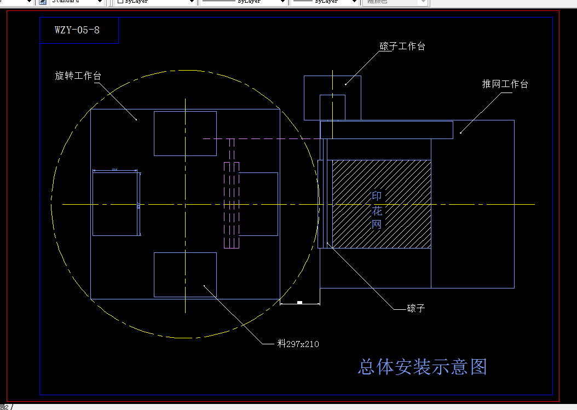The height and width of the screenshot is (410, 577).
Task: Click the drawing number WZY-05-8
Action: coord(77,30)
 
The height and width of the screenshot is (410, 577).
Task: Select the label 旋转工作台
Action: coord(78,76)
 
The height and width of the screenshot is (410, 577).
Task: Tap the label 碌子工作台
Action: coord(402,47)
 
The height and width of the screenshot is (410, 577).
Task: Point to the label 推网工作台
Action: coord(505,84)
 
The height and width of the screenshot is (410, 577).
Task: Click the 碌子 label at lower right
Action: coord(416,308)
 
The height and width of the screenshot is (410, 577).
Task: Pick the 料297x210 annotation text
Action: coord(298,344)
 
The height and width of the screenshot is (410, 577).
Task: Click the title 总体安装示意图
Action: coord(422,367)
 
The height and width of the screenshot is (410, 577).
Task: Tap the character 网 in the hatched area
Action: coord(377,224)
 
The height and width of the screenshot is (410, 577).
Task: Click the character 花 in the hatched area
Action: coord(377,211)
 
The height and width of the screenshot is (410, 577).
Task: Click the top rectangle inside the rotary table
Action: coord(185,133)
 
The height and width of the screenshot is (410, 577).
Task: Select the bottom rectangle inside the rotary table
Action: coord(185,274)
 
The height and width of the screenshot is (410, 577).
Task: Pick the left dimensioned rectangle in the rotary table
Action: coord(115,204)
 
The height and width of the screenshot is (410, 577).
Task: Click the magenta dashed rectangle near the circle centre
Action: coord(232,205)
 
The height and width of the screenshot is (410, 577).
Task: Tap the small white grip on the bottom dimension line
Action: coord(299,303)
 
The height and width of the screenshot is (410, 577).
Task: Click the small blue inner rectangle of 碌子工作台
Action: coord(333,107)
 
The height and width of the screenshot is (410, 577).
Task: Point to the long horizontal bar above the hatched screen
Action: coord(386,130)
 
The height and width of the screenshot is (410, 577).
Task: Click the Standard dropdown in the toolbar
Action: coord(77,2)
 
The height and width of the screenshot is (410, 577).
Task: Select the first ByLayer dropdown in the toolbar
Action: coord(156,2)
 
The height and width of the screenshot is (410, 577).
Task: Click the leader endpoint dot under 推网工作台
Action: coord(461,131)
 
